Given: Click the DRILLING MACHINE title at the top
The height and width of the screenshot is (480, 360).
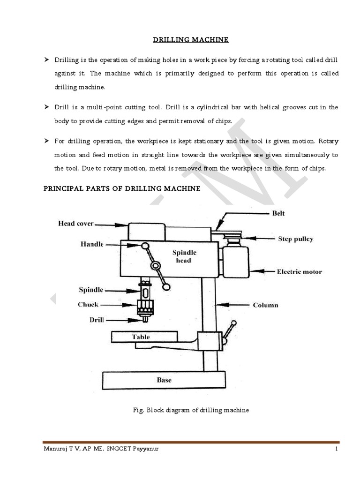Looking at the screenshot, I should (191, 40).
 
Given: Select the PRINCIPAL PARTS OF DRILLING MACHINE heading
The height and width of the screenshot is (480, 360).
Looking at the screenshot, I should (122, 189).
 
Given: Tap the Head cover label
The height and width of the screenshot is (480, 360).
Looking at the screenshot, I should (76, 224).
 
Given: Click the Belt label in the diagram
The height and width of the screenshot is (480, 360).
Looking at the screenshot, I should (278, 213).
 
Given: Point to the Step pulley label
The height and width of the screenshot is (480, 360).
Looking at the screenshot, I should (296, 239).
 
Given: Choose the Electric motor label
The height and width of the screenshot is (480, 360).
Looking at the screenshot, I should (299, 271).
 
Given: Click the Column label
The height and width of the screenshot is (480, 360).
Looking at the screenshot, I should (265, 305).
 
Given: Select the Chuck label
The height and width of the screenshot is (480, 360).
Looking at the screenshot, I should (88, 304).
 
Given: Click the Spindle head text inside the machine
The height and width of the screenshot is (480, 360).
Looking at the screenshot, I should (184, 256).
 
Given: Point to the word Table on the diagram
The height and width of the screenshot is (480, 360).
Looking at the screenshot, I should (141, 337).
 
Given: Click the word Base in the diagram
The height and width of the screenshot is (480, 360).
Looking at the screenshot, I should (164, 380).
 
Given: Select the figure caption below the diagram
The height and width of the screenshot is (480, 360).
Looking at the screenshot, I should (191, 410).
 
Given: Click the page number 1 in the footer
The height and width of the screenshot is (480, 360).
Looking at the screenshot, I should (337, 449).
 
